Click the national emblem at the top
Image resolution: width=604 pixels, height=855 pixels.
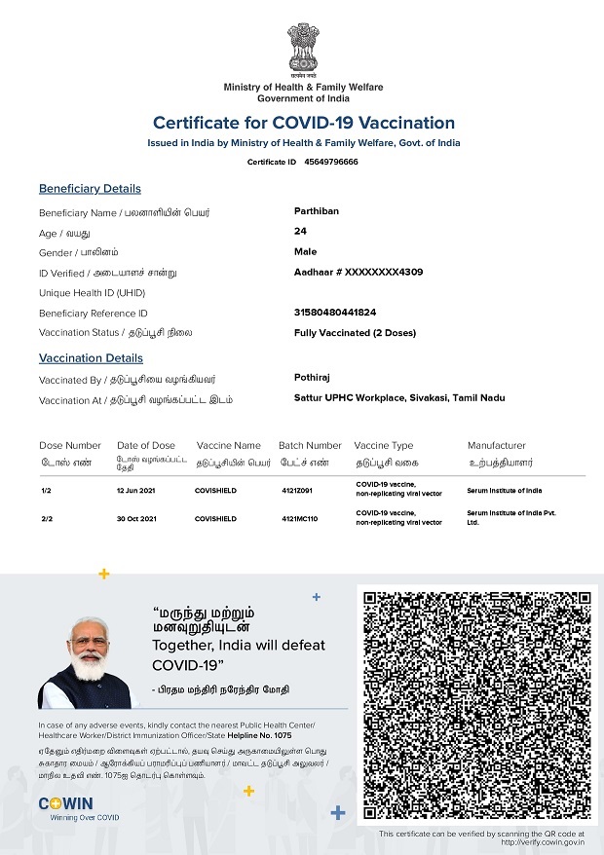302,50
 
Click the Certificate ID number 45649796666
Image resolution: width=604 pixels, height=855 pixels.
331,162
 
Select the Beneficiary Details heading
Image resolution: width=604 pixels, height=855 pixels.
90,189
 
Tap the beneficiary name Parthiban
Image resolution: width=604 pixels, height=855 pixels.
317,210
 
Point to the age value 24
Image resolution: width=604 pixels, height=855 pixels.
300,231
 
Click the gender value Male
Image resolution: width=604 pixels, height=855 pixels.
305,251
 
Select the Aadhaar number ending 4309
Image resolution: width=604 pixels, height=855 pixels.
358,272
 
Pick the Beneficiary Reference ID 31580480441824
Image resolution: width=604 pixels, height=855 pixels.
335,313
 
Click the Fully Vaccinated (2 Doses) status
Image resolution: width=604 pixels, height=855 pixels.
355,333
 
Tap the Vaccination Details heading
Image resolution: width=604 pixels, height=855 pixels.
91,358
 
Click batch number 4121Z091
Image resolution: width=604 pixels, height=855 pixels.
297,491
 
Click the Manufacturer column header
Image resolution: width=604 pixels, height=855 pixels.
496,445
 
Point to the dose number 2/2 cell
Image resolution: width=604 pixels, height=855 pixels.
47,519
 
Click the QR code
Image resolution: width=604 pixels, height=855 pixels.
477,704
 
